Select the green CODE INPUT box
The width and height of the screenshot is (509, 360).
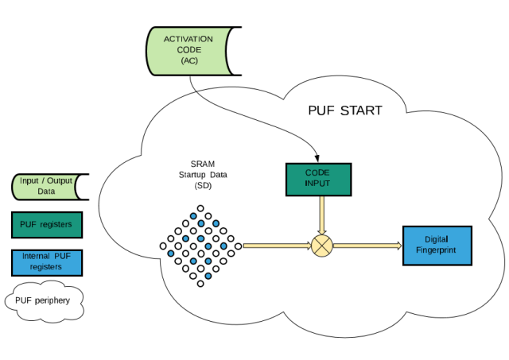[x=317, y=179]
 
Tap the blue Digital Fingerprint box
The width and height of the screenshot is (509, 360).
[x=437, y=246]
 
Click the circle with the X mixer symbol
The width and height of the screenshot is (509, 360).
[x=321, y=246]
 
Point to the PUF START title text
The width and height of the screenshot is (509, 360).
[x=345, y=110]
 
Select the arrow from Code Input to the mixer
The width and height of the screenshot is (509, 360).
[x=321, y=214]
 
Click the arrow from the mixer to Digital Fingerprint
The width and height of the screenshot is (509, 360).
[x=367, y=246]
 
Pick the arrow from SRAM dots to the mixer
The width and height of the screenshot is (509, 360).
[x=275, y=246]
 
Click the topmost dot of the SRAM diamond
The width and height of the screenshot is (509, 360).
[x=200, y=207]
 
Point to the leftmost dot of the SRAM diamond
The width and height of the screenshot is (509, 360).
[x=162, y=246]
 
